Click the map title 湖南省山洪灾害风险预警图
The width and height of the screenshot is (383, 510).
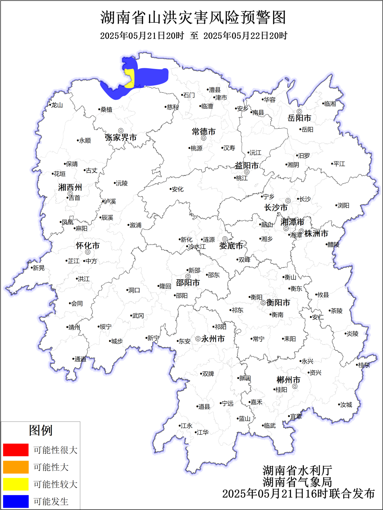(193, 17)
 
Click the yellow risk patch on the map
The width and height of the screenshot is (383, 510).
(130, 78)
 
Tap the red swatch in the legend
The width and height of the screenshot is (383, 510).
(16, 450)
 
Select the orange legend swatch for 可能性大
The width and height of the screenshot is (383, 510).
(16, 467)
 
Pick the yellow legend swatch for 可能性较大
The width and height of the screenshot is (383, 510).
(16, 484)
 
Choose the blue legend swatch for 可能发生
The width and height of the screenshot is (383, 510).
(16, 501)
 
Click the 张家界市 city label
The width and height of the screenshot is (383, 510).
(121, 138)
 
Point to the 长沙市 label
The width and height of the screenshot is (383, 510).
(276, 208)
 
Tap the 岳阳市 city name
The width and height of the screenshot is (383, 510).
(299, 118)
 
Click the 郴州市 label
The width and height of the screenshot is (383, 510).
(288, 380)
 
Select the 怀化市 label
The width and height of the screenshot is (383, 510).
(88, 246)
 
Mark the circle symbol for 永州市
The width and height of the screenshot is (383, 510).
(198, 339)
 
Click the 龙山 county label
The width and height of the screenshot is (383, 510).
(57, 105)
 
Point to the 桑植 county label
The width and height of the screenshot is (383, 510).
(106, 110)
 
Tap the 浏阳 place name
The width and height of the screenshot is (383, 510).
(343, 205)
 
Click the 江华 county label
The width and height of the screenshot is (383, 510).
(202, 432)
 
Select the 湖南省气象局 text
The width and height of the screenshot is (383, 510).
(297, 482)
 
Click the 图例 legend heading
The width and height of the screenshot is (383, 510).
(40, 430)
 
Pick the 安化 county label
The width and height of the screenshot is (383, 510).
(178, 190)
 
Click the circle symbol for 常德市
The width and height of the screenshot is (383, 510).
(204, 138)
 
